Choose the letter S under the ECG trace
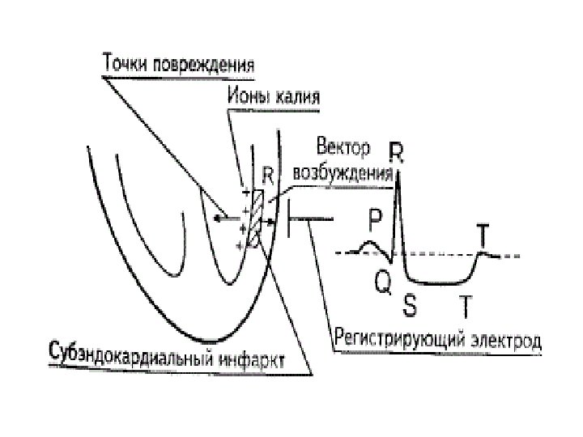pos(411,305)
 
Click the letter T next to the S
pos(466,305)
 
